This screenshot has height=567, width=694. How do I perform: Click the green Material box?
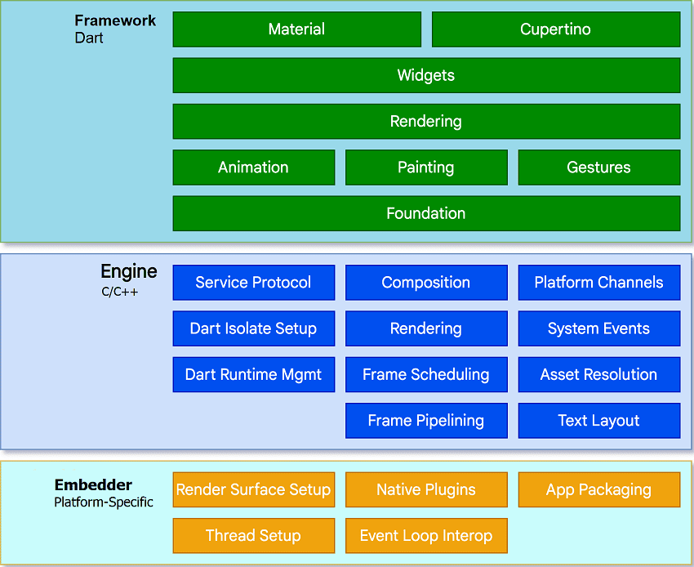296,29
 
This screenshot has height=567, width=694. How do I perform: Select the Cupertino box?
555,29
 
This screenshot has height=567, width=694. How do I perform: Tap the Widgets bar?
426,75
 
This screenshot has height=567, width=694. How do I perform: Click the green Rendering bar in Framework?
426,121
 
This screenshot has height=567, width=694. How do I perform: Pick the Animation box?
253,167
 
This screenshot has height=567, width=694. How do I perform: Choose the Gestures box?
598,167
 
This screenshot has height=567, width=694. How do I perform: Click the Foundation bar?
426,213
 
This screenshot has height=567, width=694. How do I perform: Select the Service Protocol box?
253,283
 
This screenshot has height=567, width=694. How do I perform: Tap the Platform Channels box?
598,283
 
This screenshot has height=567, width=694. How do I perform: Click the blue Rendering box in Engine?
426,328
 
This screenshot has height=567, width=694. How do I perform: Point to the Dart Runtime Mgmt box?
253,375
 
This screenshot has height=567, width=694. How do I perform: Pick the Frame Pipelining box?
426,421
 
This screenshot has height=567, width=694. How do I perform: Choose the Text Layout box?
598,421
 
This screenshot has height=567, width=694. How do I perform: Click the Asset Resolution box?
598,375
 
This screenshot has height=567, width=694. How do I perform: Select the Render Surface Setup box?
253,489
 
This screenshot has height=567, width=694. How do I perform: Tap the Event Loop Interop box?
426,536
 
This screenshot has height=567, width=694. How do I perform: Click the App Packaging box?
598,489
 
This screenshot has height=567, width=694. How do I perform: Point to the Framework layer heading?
115,21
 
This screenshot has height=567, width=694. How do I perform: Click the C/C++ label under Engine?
120,290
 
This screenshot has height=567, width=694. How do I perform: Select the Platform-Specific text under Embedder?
104,502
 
